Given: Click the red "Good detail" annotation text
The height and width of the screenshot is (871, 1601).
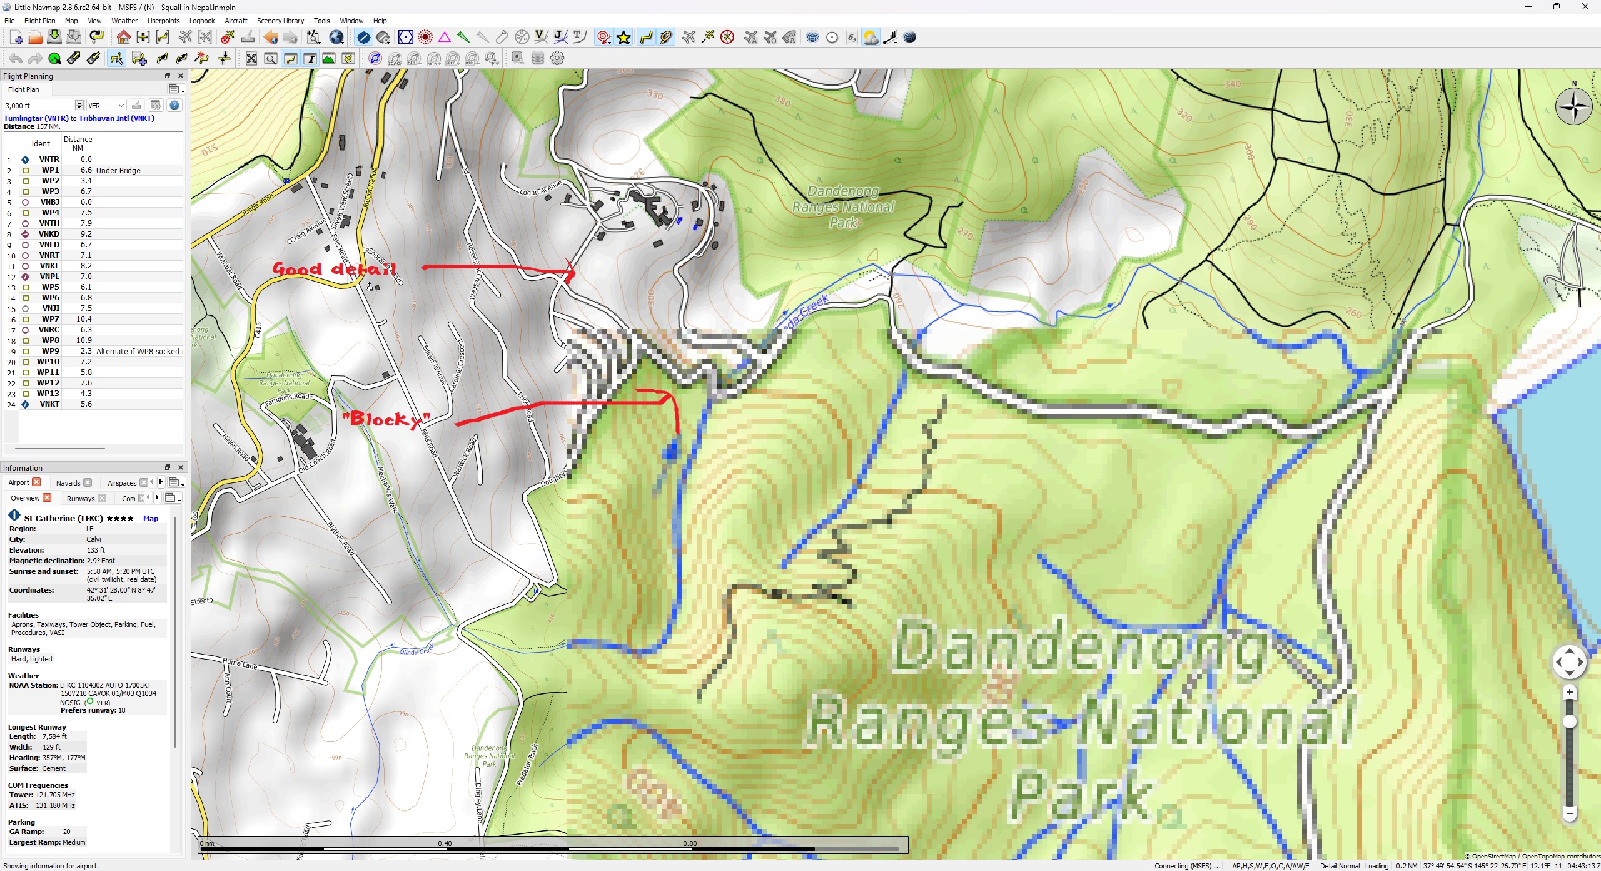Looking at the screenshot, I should [334, 270].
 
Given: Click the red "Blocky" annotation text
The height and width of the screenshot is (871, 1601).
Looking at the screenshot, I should [386, 419].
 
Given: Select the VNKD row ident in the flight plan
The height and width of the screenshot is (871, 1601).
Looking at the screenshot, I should [49, 234].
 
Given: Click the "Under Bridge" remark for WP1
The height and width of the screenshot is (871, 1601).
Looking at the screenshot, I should [118, 170].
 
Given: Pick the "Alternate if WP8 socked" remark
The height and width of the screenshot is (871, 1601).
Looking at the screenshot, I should [138, 351].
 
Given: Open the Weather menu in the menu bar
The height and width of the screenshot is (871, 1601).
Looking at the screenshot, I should [124, 21].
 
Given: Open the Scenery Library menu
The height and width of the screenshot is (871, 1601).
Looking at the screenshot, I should [280, 21].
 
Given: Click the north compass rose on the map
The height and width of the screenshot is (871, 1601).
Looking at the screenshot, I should [1573, 107].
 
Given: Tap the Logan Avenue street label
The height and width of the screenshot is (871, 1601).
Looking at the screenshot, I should [540, 188].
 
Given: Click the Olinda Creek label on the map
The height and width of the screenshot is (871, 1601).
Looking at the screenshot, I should [416, 651].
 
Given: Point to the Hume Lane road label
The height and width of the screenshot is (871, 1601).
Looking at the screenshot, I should [240, 663].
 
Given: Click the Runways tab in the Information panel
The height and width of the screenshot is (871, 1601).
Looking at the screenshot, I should [81, 499].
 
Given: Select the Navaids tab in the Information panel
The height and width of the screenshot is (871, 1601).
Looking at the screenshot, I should [68, 483].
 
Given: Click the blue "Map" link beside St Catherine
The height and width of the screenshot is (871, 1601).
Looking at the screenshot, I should [151, 519].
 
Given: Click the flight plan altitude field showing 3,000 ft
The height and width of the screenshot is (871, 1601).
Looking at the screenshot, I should [39, 106].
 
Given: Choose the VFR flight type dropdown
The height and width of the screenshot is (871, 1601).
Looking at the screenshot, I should [106, 106].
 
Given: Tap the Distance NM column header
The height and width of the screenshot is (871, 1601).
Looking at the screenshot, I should [78, 143].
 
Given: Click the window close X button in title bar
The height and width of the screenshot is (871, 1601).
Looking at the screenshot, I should [1585, 7].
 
